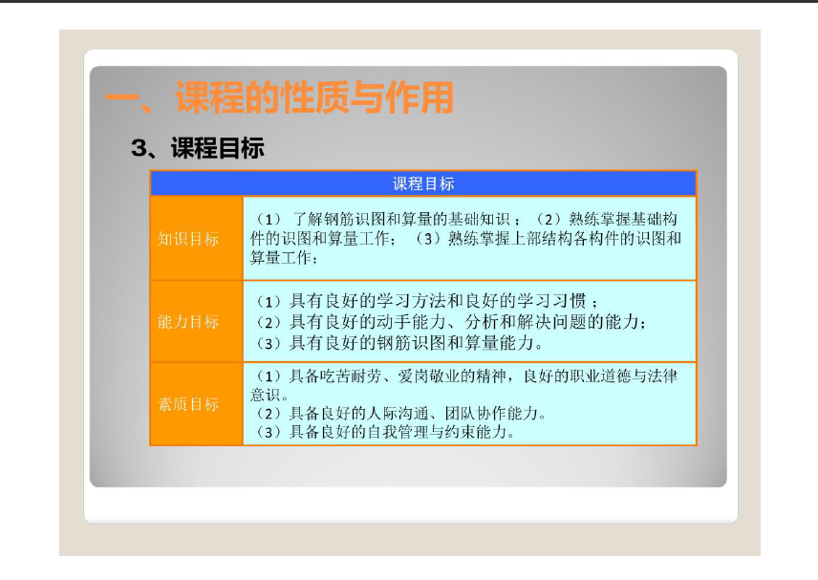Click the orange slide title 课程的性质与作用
tap(314, 97)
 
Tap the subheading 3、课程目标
tap(198, 147)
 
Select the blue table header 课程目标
tap(423, 183)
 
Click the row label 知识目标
tap(188, 239)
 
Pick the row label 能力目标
tap(188, 322)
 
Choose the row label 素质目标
tap(188, 404)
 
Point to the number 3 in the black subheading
tap(140, 148)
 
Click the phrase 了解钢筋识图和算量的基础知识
tap(401, 219)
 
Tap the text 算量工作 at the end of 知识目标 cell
tap(281, 258)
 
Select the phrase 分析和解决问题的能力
tap(552, 322)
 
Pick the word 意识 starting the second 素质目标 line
tap(266, 395)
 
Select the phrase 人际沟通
tap(398, 414)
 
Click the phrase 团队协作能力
tap(491, 414)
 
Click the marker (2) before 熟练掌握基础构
tap(549, 220)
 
